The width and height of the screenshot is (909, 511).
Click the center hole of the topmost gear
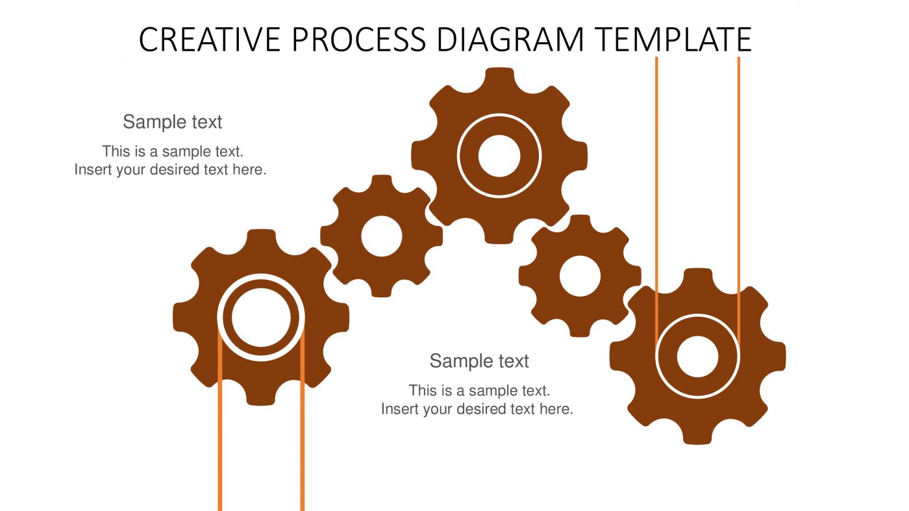499,156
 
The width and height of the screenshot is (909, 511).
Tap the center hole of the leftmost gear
261,318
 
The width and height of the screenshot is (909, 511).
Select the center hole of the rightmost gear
697,356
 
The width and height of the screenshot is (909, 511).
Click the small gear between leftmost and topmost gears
382,236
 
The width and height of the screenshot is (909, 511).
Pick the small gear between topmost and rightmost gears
580,276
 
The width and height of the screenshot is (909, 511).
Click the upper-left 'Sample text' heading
173,121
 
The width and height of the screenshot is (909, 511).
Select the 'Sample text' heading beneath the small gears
479,360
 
